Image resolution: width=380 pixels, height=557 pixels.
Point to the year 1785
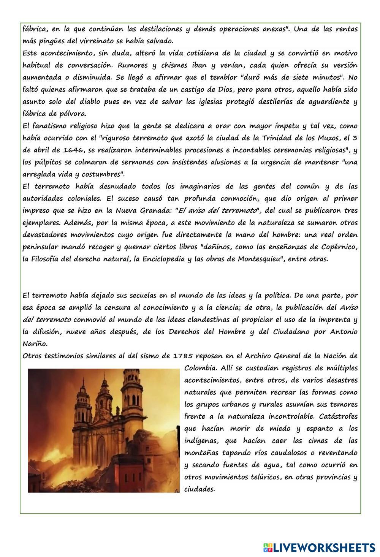point(183,356)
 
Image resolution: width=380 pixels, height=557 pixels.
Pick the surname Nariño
point(35,344)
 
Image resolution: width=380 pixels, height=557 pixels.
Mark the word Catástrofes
point(338,416)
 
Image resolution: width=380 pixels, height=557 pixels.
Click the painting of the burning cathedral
point(103,430)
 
